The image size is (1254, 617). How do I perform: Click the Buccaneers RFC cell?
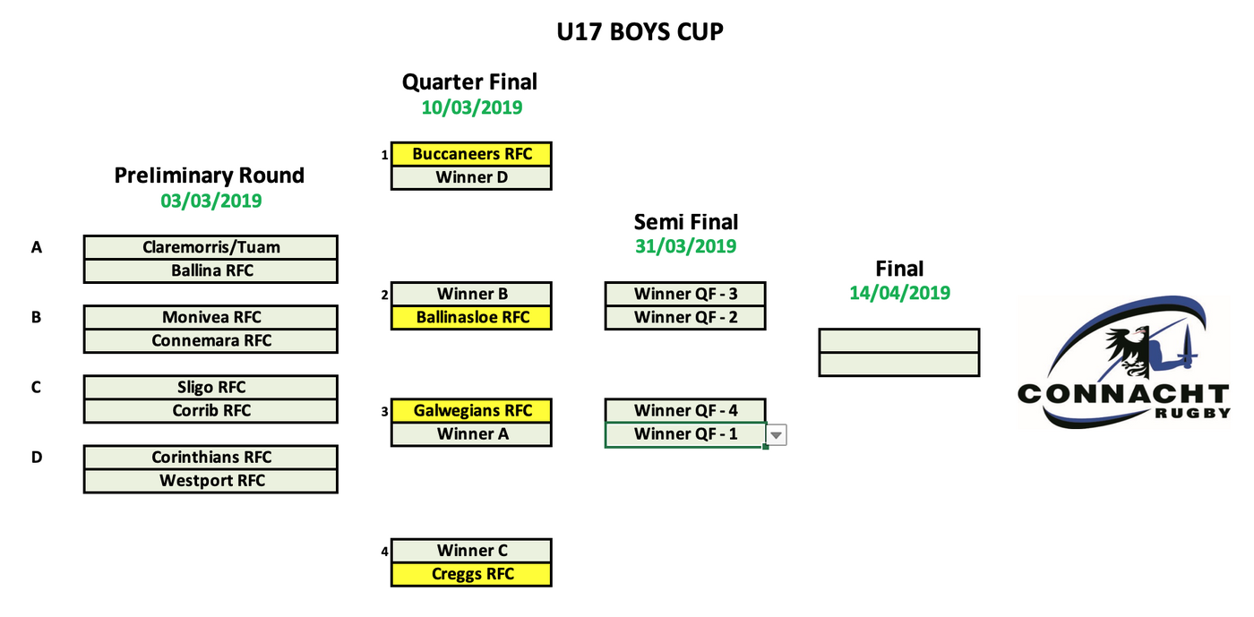click(x=471, y=154)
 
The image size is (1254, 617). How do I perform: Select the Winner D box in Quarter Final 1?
click(x=471, y=177)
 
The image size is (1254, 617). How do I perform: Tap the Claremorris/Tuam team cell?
click(x=210, y=247)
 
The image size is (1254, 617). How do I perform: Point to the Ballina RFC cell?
click(x=210, y=270)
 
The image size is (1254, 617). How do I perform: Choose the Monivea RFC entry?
click(x=210, y=317)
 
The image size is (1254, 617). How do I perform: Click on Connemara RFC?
click(x=210, y=340)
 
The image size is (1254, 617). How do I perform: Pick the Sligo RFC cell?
click(x=210, y=387)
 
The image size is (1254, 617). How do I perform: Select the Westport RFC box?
click(x=210, y=480)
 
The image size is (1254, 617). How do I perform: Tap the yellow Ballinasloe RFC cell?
click(x=471, y=317)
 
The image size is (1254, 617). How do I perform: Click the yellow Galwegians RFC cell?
click(x=471, y=410)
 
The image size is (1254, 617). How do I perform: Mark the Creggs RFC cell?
click(x=471, y=574)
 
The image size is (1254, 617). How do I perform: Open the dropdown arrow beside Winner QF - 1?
click(x=777, y=435)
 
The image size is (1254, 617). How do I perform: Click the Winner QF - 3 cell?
click(x=685, y=294)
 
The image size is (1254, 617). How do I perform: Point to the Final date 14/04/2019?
click(x=899, y=293)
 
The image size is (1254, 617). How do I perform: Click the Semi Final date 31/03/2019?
click(x=685, y=245)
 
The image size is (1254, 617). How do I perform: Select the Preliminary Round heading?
click(x=210, y=176)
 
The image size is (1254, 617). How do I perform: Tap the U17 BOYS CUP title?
click(x=640, y=32)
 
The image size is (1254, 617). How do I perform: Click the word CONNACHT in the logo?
click(x=1123, y=394)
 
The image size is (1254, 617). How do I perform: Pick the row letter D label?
click(x=37, y=457)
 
